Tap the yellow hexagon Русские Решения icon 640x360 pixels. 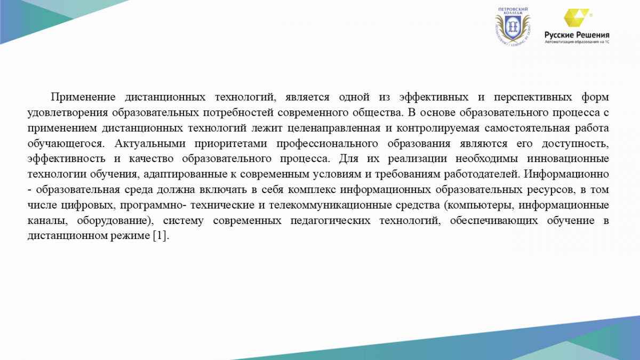[577, 18]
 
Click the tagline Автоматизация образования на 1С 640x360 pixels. [577, 42]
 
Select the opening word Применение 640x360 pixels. [83, 97]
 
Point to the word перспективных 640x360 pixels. [533, 98]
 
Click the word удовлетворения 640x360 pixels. [68, 113]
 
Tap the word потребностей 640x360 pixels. [238, 113]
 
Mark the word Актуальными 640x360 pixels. [150, 143]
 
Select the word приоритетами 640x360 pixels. [230, 143]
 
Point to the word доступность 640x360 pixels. [575, 143]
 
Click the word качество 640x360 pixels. [151, 159]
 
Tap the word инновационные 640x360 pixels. [568, 159]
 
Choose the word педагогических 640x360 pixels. [330, 221]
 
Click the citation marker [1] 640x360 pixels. [159, 236]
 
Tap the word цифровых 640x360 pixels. [89, 205]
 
